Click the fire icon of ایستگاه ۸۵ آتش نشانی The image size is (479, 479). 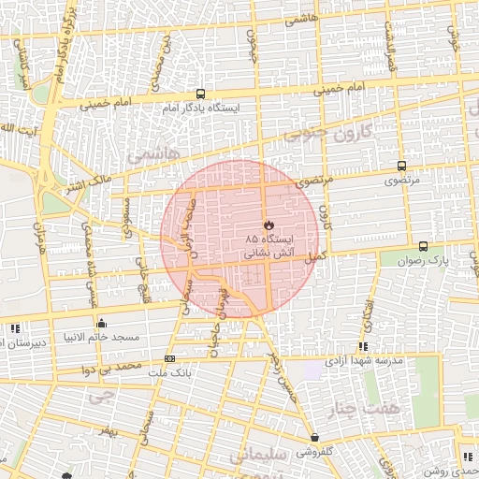pyautogui.click(x=269, y=225)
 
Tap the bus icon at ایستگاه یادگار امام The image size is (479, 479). pyautogui.click(x=200, y=94)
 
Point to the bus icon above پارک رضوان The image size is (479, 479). pyautogui.click(x=424, y=246)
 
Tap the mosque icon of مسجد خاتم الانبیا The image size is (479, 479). pyautogui.click(x=102, y=323)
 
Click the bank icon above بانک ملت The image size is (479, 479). pyautogui.click(x=169, y=358)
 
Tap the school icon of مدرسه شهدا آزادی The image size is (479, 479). pyautogui.click(x=363, y=346)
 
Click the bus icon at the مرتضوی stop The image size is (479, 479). pyautogui.click(x=401, y=163)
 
